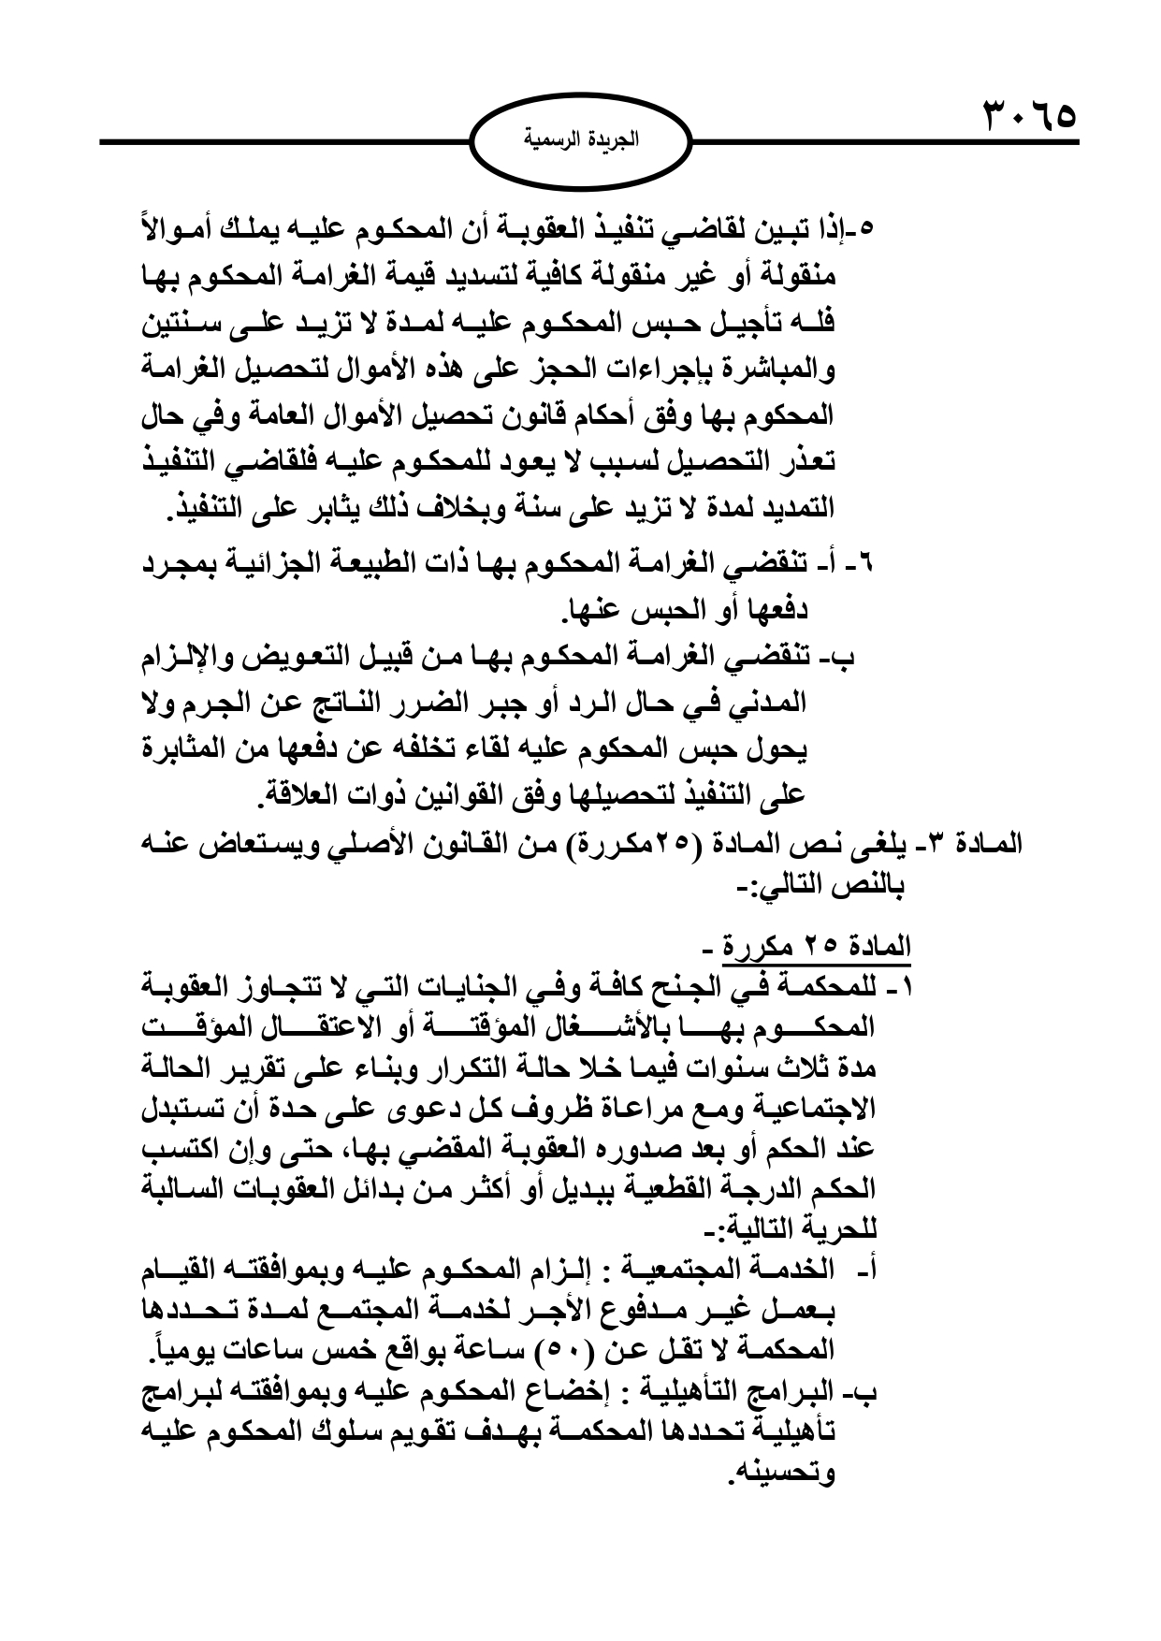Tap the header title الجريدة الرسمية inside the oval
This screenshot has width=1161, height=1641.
tap(580, 144)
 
